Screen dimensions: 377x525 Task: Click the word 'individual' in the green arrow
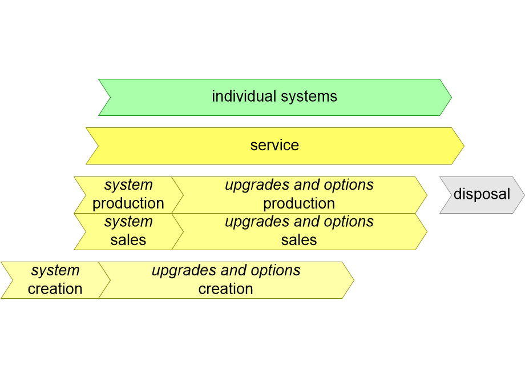[x=241, y=97]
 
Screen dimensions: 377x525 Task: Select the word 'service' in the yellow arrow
[x=274, y=145]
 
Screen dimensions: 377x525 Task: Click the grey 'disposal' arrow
[x=482, y=195]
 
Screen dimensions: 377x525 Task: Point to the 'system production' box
[x=128, y=195]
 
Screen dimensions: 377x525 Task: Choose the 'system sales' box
[x=128, y=231]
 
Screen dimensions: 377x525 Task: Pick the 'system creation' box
[x=55, y=280]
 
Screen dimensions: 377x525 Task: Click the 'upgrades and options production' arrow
[x=299, y=195]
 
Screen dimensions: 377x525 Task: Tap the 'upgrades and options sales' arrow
[x=299, y=231]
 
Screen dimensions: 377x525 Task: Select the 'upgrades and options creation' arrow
[x=226, y=280]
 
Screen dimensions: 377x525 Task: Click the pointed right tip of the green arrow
[x=449, y=97]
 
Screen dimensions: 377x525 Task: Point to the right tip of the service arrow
[x=462, y=146]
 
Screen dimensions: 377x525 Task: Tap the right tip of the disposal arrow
[x=522, y=195]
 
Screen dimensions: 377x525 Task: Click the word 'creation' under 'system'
[x=55, y=289]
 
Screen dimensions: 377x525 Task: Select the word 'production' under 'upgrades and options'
[x=299, y=203]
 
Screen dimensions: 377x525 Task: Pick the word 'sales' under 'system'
[x=128, y=240]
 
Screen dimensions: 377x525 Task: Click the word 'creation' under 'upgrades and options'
[x=226, y=289]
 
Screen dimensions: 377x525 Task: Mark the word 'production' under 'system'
[x=128, y=203]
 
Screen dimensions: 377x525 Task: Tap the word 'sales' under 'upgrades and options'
[x=299, y=240]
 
